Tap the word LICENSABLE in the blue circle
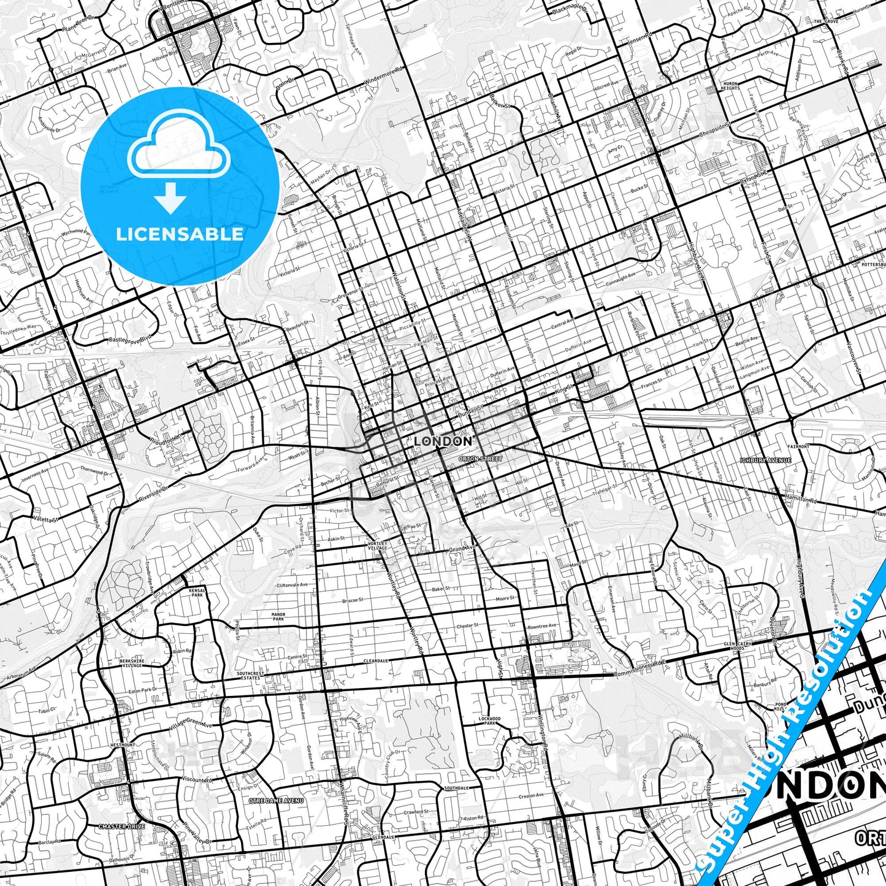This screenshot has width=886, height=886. [x=180, y=234]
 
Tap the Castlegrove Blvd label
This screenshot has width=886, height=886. [x=130, y=338]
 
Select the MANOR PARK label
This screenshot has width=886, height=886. [x=278, y=616]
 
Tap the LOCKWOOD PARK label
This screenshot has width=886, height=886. [x=490, y=720]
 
